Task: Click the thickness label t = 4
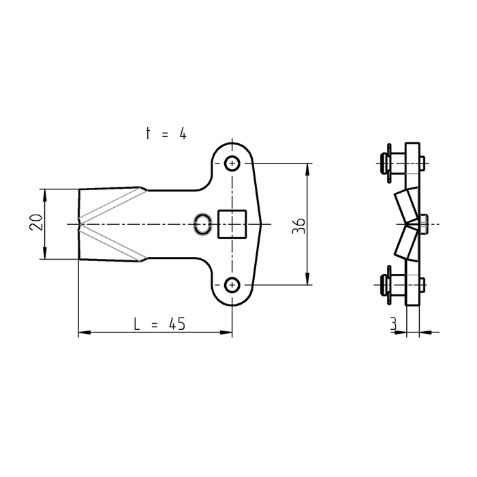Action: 166,134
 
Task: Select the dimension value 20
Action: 37,223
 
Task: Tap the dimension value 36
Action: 298,226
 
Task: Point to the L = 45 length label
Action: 159,324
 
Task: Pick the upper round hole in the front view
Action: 233,164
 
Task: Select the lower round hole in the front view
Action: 233,284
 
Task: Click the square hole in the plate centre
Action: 231,224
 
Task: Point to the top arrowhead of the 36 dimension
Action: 308,168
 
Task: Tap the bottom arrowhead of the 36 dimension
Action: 308,279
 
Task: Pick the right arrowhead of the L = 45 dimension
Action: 228,333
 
